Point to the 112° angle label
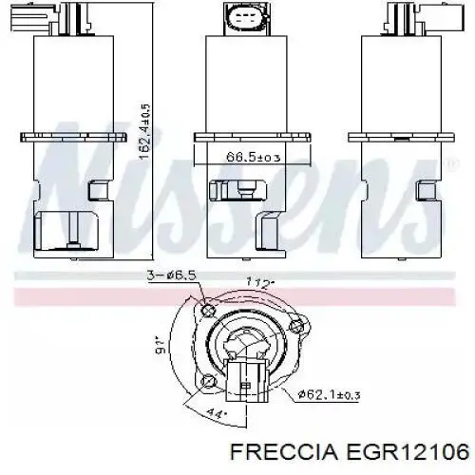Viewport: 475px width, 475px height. pos(258,281)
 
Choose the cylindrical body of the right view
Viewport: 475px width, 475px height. pos(400,85)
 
